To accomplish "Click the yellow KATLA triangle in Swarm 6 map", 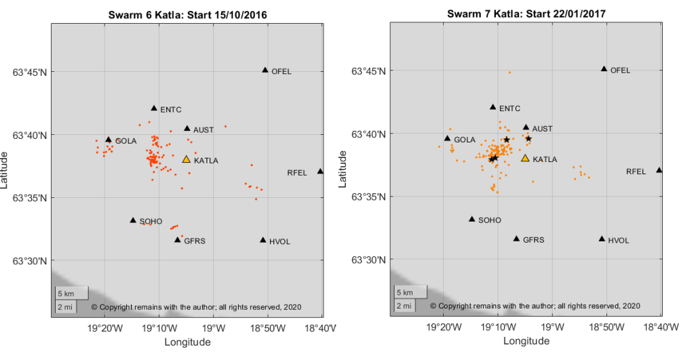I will (187, 159).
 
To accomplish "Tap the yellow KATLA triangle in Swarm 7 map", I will (525, 159).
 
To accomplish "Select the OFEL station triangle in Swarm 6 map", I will (265, 70).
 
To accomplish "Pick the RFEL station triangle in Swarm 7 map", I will (659, 170).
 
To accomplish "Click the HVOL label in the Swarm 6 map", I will (279, 241).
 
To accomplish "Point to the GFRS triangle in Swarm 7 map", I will (516, 239).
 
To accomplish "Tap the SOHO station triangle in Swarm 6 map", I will (133, 220).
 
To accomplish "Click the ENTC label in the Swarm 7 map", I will (509, 108).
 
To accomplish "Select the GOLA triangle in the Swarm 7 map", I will (447, 138).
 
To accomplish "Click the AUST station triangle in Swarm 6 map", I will (187, 128).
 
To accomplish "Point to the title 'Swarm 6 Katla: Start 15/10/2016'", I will (187, 14).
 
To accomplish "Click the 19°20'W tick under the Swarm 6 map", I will (105, 329).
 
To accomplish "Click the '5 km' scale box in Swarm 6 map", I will (71, 293).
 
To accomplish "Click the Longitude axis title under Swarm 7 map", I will (526, 342).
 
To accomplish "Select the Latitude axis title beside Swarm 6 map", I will (7, 169).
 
